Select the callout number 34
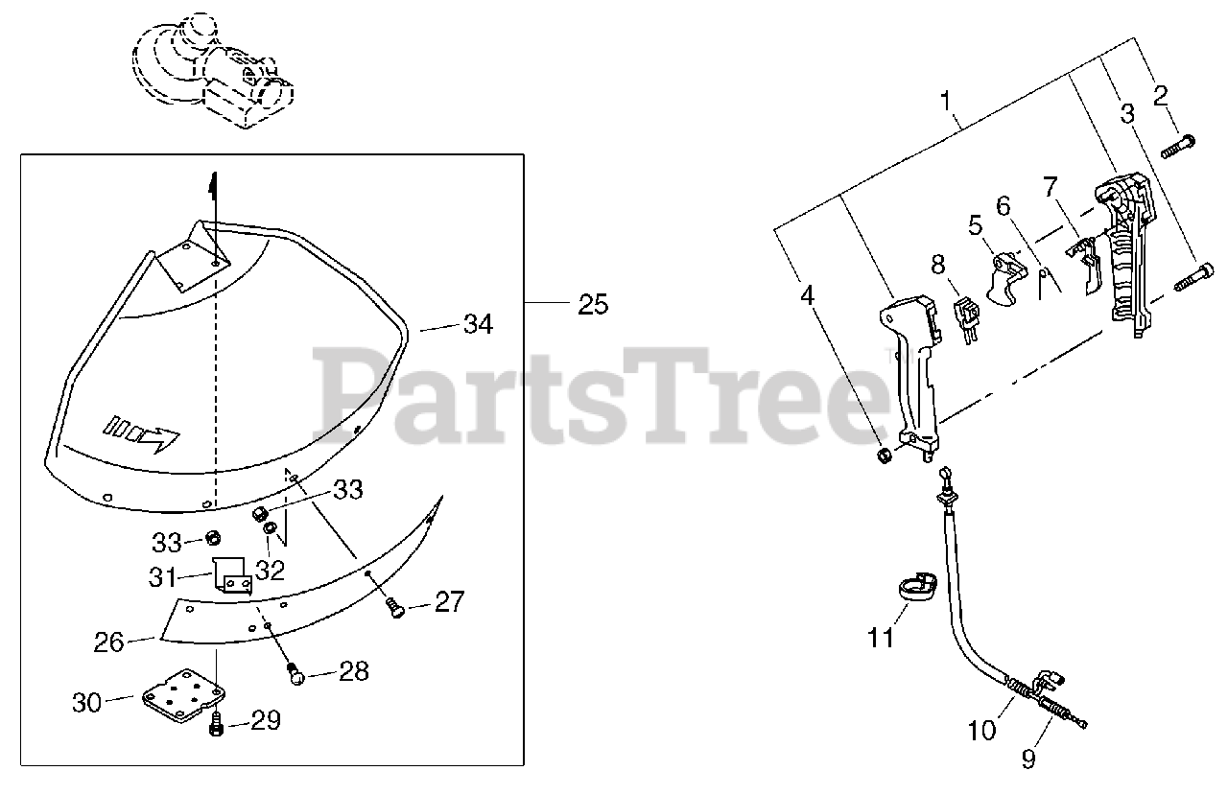(477, 324)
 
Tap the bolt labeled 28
(296, 675)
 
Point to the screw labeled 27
(395, 607)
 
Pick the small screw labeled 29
(216, 725)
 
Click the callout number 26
(109, 641)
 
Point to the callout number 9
(1028, 759)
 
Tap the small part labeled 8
(968, 316)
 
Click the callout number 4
(808, 295)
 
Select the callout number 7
(1050, 185)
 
